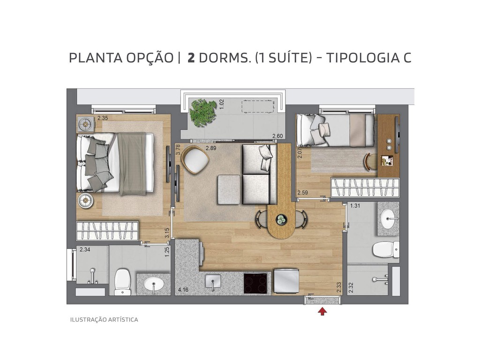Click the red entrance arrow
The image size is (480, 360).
(322, 311)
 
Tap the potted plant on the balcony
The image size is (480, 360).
(203, 112)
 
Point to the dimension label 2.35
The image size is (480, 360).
(103, 118)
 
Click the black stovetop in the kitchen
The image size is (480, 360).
(256, 282)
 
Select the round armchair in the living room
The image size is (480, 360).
(195, 160)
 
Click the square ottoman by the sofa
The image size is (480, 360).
(229, 189)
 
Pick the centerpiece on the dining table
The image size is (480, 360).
(281, 219)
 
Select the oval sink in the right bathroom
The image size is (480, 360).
(388, 218)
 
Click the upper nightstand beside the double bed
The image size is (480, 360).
(86, 124)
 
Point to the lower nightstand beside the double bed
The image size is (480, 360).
(86, 201)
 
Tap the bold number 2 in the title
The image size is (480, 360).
(191, 58)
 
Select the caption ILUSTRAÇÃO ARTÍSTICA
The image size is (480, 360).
(104, 320)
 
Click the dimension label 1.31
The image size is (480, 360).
(355, 206)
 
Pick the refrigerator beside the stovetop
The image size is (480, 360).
(285, 280)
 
